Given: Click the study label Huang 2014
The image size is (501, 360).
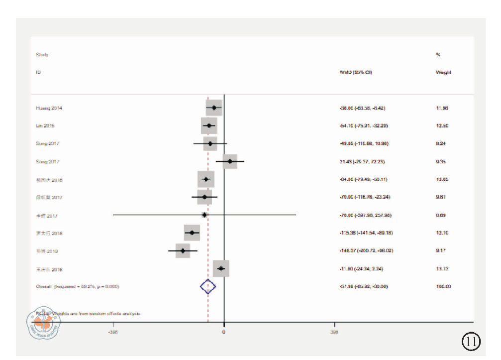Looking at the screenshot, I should tap(49, 108).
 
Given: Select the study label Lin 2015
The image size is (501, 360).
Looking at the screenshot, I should tap(45, 126).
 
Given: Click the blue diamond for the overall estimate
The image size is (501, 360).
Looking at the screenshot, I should tap(208, 286).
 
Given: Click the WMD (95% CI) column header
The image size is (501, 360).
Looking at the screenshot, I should tap(355, 72).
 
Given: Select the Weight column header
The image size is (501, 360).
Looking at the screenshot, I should tap(443, 72).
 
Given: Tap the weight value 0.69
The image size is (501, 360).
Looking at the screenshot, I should tap(440, 215).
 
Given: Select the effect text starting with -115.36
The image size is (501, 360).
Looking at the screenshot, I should tap(364, 233).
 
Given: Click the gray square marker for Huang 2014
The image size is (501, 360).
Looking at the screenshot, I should tap(214, 108).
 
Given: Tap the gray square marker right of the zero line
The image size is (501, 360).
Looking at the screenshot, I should tap(229, 161).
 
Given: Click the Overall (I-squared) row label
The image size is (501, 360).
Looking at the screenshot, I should tap(77, 286).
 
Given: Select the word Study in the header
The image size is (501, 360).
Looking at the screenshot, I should tap(42, 55).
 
